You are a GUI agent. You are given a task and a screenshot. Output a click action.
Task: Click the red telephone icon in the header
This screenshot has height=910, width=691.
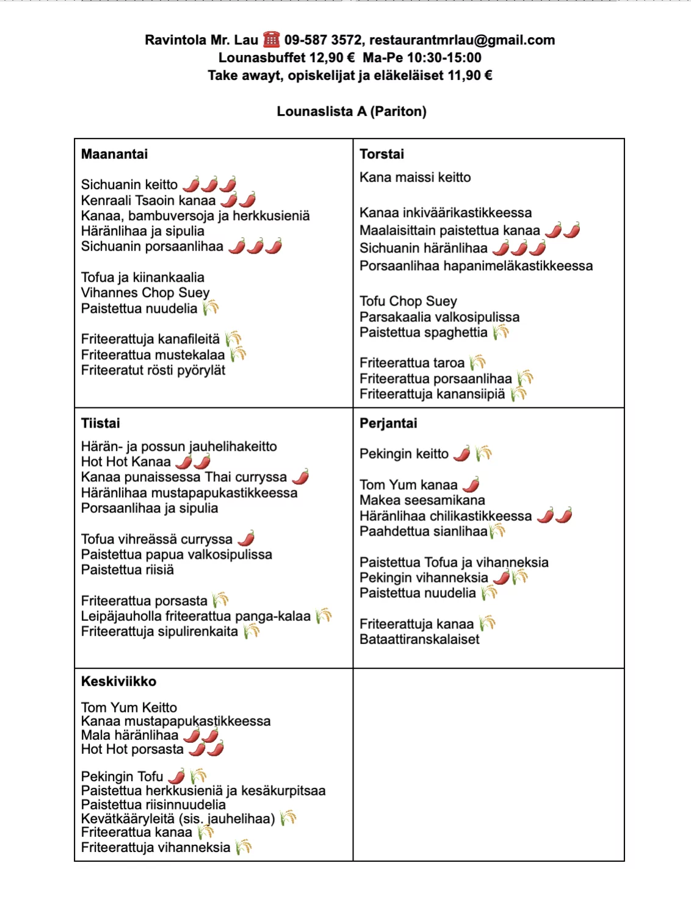(x=271, y=40)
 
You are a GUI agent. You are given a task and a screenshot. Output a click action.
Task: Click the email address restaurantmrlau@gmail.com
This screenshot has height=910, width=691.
(x=462, y=40)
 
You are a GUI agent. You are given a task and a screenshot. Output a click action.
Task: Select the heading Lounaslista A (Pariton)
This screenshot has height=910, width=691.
(x=352, y=112)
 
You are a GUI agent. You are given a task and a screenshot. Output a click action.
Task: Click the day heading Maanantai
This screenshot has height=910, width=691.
(x=115, y=154)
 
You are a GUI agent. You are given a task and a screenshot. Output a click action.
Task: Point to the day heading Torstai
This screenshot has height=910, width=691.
(x=382, y=154)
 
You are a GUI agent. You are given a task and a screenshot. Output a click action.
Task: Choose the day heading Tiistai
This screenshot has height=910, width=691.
(x=101, y=423)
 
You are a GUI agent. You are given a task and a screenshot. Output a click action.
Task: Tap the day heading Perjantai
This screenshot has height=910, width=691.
(x=389, y=423)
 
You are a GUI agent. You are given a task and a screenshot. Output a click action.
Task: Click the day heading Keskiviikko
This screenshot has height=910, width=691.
(x=119, y=681)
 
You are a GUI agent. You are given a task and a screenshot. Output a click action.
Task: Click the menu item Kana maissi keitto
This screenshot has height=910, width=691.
(x=415, y=177)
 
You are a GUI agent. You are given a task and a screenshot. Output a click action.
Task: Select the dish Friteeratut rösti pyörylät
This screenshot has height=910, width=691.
(x=153, y=370)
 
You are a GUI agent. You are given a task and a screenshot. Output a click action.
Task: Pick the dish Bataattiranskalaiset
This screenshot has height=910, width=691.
(x=419, y=639)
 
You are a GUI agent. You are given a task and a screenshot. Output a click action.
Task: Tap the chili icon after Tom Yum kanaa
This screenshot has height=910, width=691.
(x=471, y=485)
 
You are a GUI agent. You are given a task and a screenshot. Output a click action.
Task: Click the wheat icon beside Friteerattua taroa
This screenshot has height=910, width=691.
(x=478, y=362)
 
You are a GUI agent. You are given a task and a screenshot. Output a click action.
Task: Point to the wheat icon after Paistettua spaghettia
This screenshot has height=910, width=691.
(x=501, y=332)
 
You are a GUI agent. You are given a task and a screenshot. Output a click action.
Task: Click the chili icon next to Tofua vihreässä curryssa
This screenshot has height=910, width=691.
(x=247, y=539)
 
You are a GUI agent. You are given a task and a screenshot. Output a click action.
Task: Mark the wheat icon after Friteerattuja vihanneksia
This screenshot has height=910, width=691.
(x=244, y=847)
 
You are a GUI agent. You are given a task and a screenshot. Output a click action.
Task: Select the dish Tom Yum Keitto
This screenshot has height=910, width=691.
(x=129, y=708)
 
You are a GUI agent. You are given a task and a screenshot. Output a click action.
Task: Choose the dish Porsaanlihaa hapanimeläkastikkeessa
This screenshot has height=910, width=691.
(x=476, y=266)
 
